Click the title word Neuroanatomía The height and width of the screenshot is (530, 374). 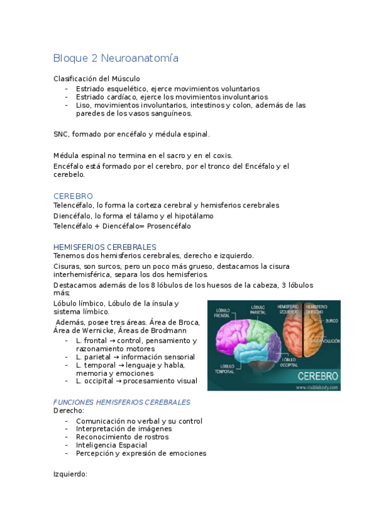pyautogui.click(x=143, y=59)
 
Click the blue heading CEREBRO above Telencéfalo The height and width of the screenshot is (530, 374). pyautogui.click(x=73, y=196)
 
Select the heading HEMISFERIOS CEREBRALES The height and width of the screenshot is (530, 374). pyautogui.click(x=104, y=247)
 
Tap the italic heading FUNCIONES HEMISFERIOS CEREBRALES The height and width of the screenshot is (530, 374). pyautogui.click(x=122, y=402)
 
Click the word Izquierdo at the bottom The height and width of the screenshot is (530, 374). pyautogui.click(x=70, y=474)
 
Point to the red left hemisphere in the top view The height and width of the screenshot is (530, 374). pyautogui.click(x=293, y=341)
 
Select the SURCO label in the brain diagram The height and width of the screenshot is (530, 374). pyautogui.click(x=332, y=320)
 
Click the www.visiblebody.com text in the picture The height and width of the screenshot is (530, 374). pyautogui.click(x=315, y=387)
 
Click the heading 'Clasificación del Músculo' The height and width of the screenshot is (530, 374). pyautogui.click(x=96, y=79)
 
